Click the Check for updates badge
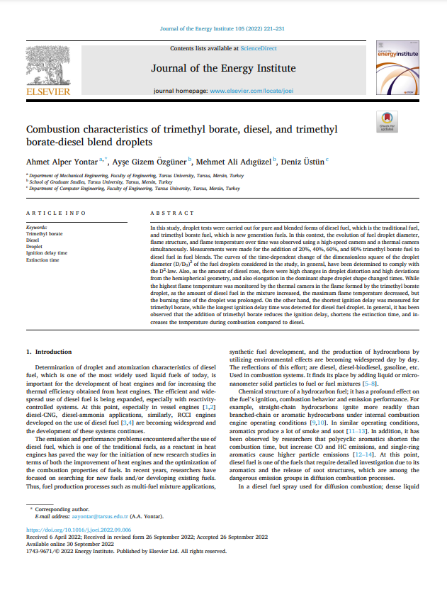(387, 121)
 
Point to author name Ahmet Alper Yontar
(62, 162)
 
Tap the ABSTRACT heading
(171, 213)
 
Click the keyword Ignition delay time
(47, 252)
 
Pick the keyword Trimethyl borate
(44, 233)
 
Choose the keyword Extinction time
(43, 259)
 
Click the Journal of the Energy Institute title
(223, 69)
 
